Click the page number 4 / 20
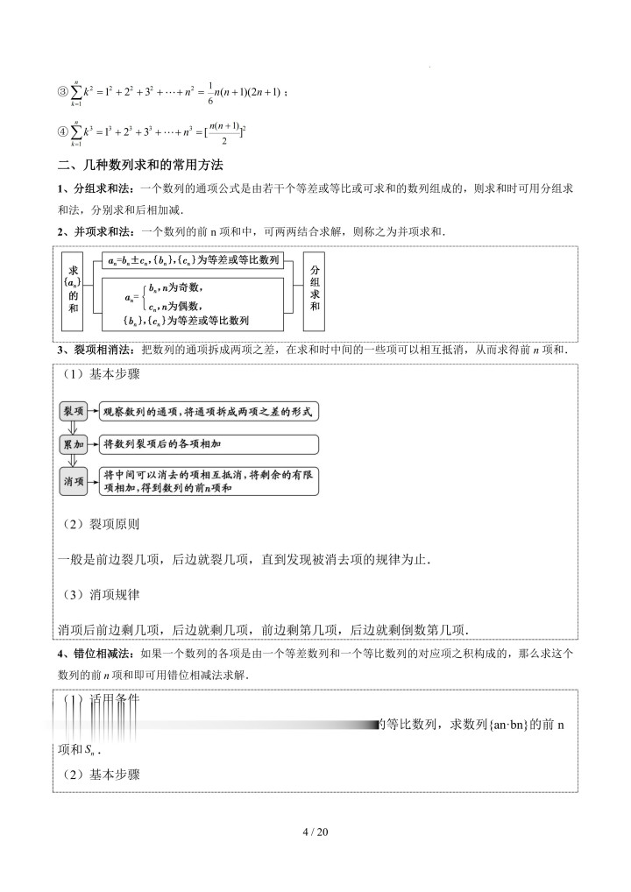315,832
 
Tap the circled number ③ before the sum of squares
63,94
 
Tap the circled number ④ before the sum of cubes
63,133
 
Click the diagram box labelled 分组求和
315,289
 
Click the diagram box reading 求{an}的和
74,289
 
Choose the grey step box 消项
74,481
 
